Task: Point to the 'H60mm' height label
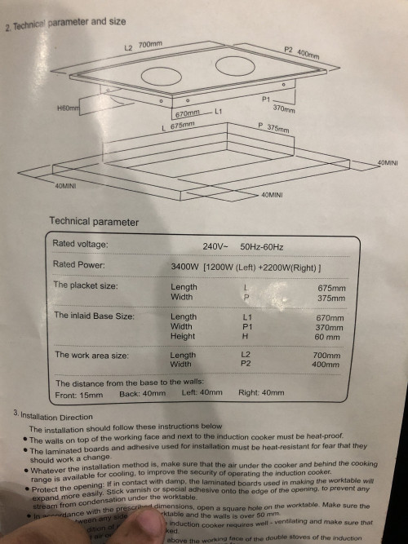[x=68, y=108]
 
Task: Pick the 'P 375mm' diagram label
[x=273, y=127]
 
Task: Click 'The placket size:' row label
[x=86, y=285]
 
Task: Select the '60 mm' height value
[x=330, y=337]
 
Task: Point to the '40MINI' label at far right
[x=387, y=164]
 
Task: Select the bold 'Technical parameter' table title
[x=94, y=221]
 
